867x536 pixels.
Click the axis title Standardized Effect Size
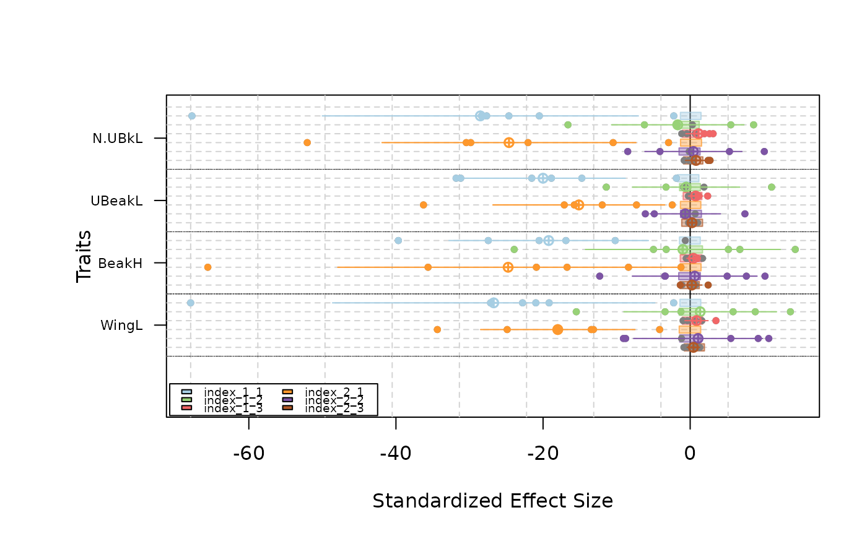click(x=492, y=501)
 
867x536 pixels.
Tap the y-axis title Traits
click(x=84, y=256)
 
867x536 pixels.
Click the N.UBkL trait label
click(x=118, y=139)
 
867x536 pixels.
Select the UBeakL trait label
click(x=116, y=201)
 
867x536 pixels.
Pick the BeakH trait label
click(x=120, y=263)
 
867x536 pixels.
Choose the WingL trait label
click(x=121, y=325)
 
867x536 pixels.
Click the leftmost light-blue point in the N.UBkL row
click(x=192, y=116)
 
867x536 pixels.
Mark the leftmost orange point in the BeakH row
click(x=207, y=267)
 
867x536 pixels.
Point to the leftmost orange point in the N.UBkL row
click(x=307, y=143)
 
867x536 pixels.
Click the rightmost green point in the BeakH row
click(x=795, y=249)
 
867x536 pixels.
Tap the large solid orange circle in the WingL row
click(x=557, y=329)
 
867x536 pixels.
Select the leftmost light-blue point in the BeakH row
click(x=398, y=241)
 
